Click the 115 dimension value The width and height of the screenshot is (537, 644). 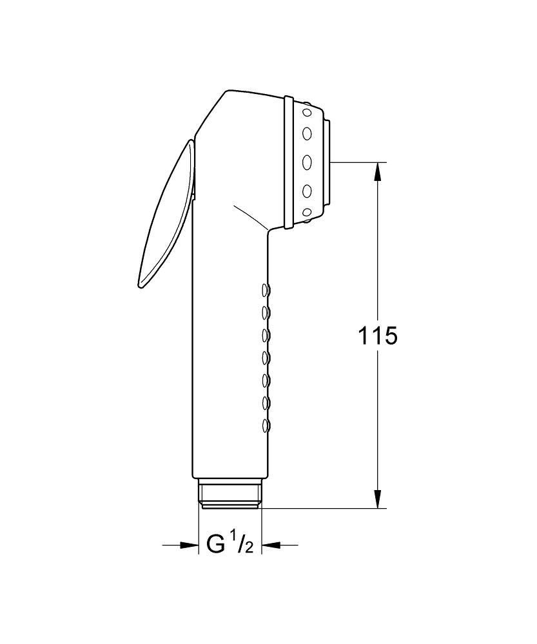(378, 336)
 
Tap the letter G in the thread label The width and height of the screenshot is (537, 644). (216, 545)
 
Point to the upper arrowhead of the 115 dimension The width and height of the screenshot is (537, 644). (378, 172)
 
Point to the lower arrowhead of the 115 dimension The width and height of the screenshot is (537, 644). (378, 498)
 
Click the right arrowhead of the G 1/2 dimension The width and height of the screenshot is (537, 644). (271, 545)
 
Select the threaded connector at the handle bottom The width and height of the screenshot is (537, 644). (229, 493)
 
